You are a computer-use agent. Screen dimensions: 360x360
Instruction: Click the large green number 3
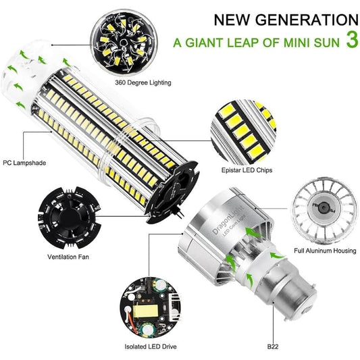pyautogui.click(x=352, y=39)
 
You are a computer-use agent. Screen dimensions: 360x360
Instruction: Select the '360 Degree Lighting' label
pyautogui.click(x=143, y=82)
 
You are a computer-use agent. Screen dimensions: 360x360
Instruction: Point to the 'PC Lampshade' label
pyautogui.click(x=24, y=163)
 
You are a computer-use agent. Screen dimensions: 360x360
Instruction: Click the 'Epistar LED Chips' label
pyautogui.click(x=247, y=170)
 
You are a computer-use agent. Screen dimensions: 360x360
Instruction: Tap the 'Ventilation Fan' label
pyautogui.click(x=68, y=257)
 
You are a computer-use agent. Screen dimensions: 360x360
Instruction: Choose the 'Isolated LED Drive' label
pyautogui.click(x=151, y=346)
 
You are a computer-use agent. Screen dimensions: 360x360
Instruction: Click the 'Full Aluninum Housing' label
pyautogui.click(x=325, y=251)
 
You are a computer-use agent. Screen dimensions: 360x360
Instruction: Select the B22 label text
pyautogui.click(x=273, y=346)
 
